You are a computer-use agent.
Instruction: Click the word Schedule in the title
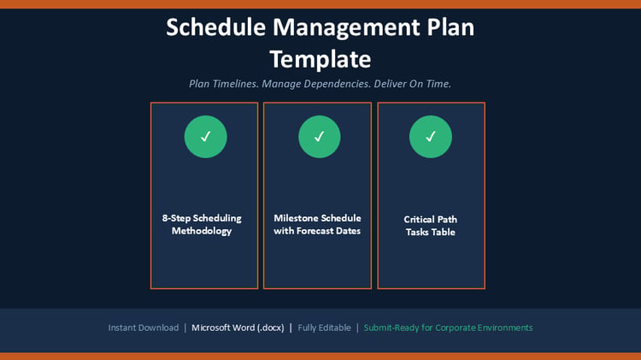coord(216,27)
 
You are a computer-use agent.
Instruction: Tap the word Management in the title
coord(346,28)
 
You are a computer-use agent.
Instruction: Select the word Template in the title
coord(320,60)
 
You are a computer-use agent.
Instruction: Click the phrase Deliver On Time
coord(413,84)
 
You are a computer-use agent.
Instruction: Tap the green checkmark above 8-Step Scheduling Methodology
coord(206,137)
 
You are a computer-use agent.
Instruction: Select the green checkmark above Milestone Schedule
coord(320,137)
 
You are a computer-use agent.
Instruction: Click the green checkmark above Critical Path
coord(431,137)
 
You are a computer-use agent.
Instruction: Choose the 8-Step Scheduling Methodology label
coord(202,225)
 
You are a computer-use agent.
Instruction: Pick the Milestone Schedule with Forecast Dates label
coord(317,225)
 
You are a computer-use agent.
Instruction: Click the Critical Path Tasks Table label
coord(431,226)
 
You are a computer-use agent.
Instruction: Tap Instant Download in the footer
coord(144,328)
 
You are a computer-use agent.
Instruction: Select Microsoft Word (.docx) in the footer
coord(238,328)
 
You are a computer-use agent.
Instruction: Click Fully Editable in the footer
coord(324,328)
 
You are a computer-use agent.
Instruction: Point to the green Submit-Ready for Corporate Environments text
coord(448,328)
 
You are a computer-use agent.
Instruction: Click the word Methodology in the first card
coord(202,231)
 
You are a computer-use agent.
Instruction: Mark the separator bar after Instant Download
coord(185,328)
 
